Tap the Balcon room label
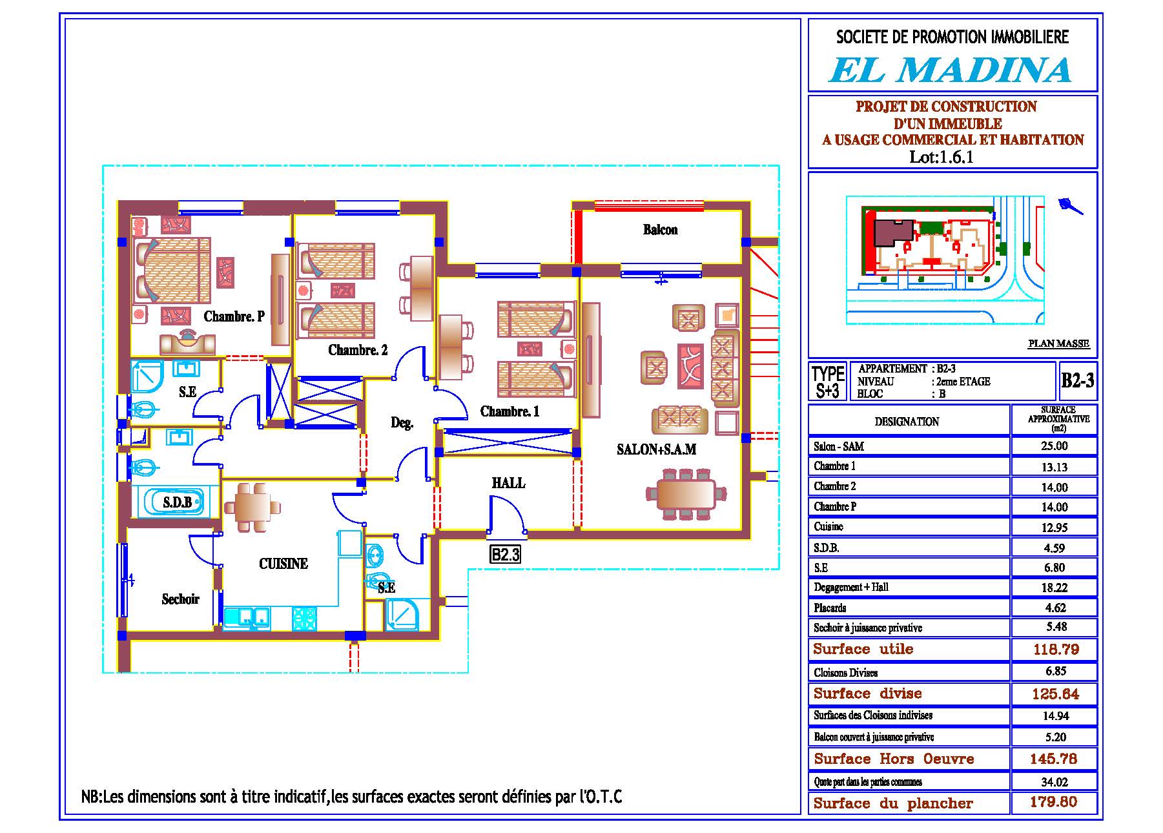(660, 230)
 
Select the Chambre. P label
(234, 316)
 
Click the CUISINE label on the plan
(283, 564)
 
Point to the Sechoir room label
(180, 599)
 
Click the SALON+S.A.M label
(656, 449)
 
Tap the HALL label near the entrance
(509, 483)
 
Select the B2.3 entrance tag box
(505, 555)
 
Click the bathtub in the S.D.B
(174, 502)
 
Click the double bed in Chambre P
(173, 269)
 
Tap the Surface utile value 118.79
(1056, 650)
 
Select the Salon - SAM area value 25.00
(1054, 446)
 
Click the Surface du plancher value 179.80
(1054, 803)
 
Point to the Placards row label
(830, 608)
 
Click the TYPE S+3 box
(828, 382)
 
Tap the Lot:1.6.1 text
(941, 157)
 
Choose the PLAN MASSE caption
(1058, 344)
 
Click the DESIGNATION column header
(907, 422)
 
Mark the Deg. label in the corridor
(402, 424)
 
